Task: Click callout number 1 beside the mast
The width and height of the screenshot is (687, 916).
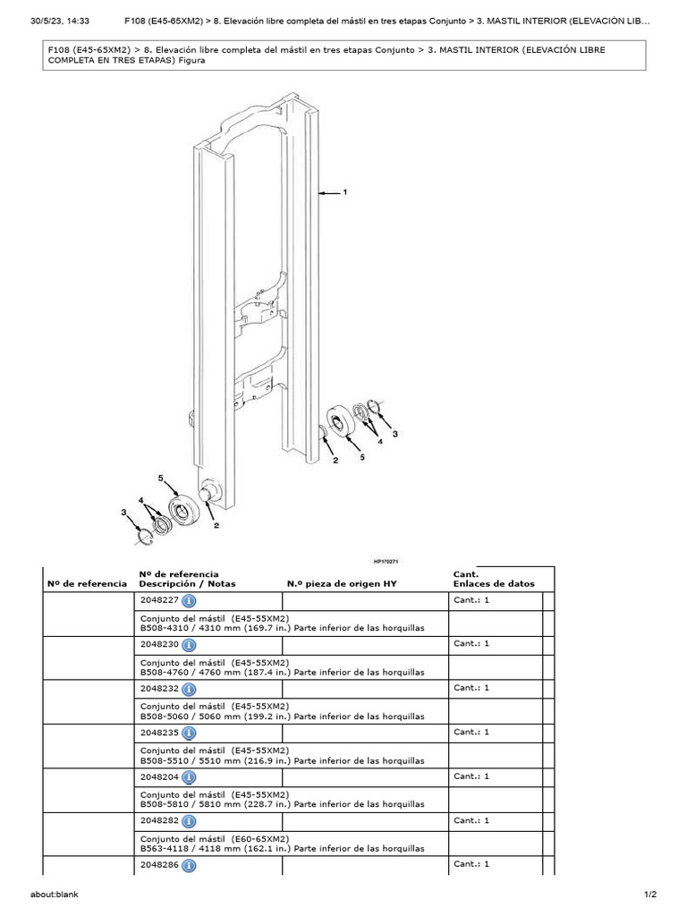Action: pos(344,191)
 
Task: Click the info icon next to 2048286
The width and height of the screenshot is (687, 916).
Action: pos(190,865)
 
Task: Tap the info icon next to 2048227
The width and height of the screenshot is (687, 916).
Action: pos(190,601)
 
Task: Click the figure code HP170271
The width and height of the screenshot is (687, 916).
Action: pos(388,562)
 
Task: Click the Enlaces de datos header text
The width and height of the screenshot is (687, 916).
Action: pos(494,583)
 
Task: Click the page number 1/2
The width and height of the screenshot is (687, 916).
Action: pos(649,895)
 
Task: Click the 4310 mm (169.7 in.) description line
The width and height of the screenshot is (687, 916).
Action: pos(282,628)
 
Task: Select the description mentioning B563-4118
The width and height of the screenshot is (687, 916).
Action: pos(282,848)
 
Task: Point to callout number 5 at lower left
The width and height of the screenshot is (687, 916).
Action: pos(162,479)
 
